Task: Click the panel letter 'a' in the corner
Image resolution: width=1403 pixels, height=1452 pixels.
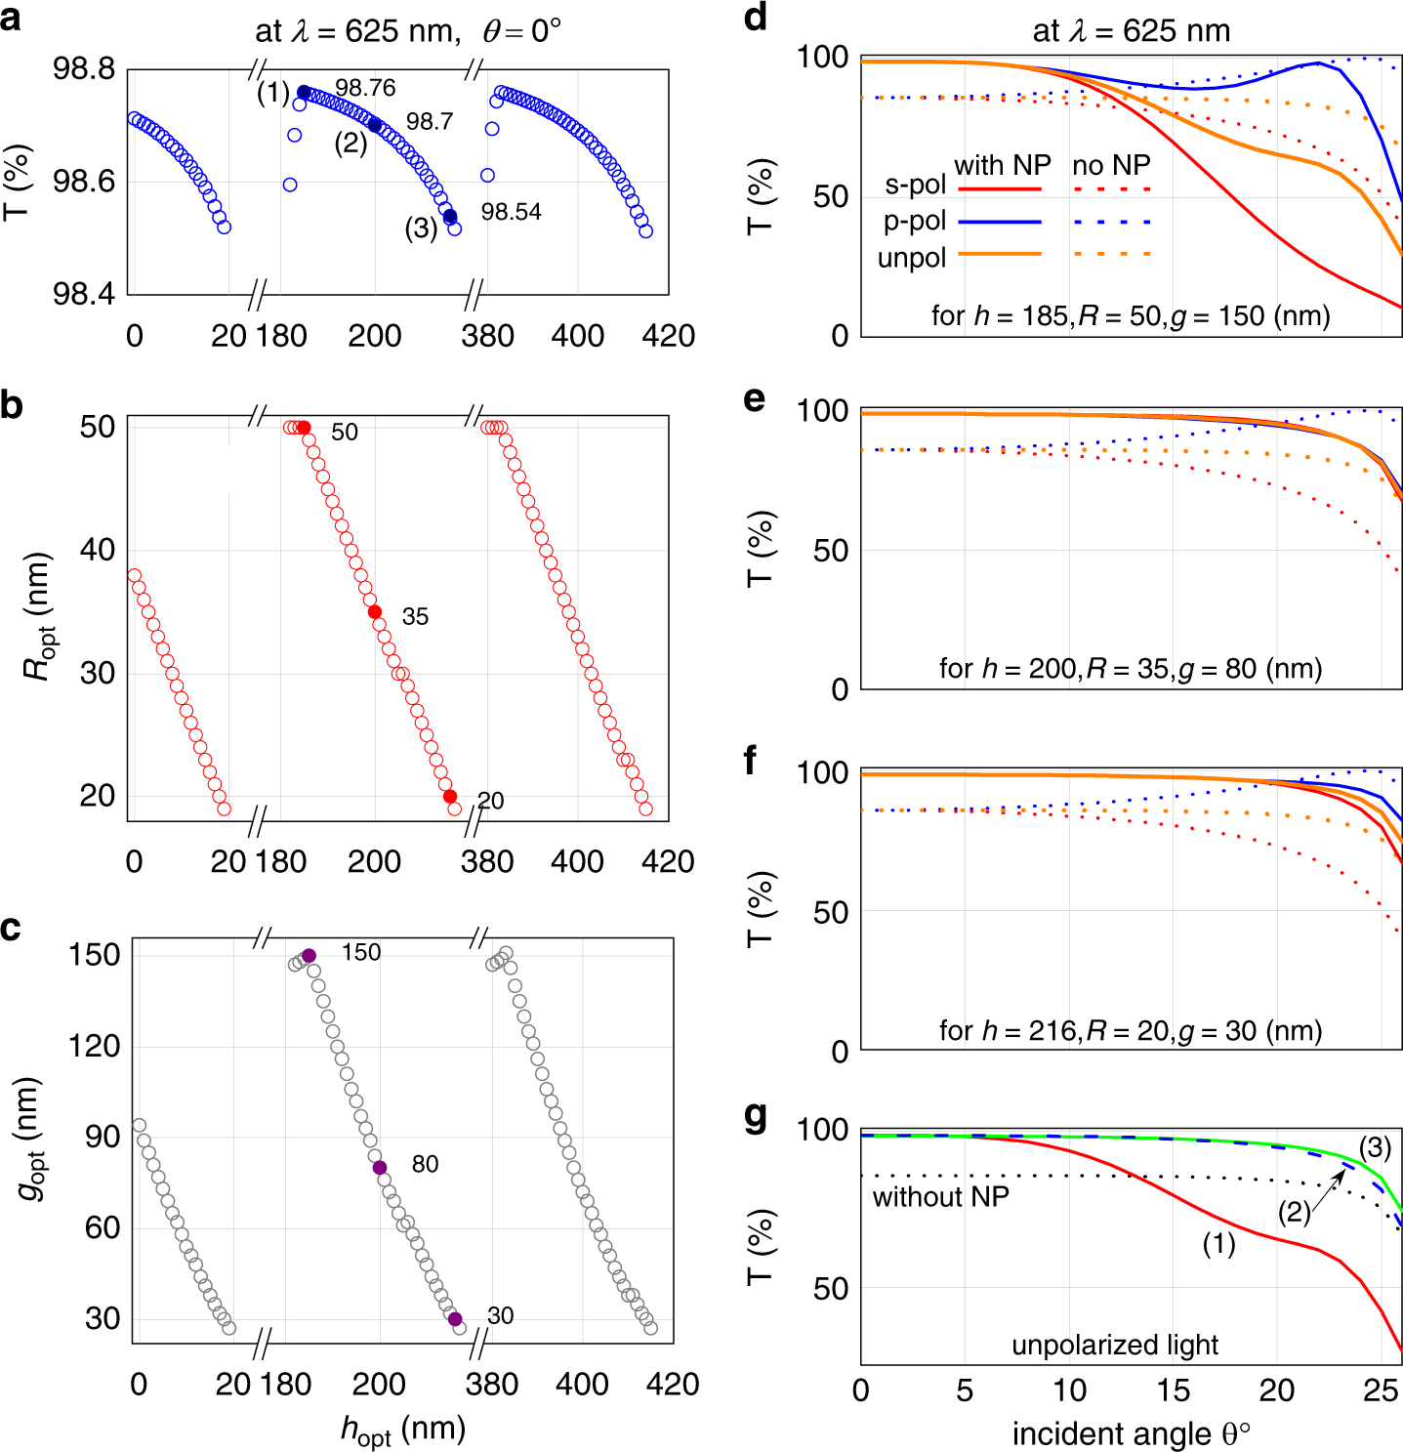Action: [12, 18]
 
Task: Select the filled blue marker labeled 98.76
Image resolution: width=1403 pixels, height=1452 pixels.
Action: [304, 93]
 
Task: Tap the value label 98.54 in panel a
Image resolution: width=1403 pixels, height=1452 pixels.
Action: [511, 212]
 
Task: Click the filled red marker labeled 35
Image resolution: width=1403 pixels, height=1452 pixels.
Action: [375, 612]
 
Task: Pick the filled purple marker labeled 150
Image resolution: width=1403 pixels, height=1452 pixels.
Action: [309, 956]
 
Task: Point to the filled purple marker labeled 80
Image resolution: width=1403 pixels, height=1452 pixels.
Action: [380, 1168]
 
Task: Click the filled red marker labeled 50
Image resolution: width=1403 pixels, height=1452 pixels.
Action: [304, 428]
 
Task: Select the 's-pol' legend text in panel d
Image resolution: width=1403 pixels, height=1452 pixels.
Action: [915, 185]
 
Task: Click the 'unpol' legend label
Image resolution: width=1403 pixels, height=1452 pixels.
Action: [912, 258]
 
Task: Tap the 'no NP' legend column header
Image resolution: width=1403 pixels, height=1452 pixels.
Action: [1111, 165]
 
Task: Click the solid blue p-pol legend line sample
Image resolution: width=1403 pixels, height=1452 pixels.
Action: [1000, 222]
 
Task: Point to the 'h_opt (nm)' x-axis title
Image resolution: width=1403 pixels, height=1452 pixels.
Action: [402, 1430]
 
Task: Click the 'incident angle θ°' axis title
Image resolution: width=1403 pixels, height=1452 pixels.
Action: [1131, 1433]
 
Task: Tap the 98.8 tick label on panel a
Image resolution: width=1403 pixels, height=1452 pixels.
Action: [83, 69]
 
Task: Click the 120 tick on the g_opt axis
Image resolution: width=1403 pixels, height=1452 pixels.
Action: [95, 1047]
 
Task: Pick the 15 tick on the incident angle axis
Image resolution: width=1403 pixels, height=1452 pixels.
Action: [1173, 1390]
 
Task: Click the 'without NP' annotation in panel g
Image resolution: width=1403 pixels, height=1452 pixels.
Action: [940, 1197]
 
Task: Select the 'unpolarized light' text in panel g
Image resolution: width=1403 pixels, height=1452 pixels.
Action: [1114, 1345]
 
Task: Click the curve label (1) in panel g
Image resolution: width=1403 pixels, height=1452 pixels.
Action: [1217, 1244]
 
